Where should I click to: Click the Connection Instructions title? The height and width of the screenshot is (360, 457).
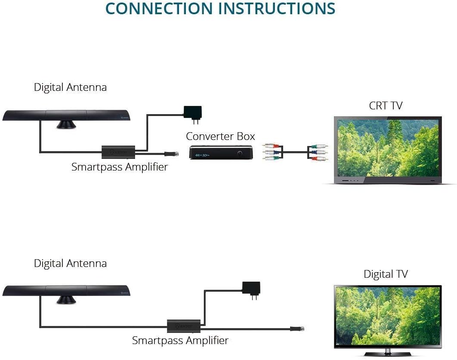220,9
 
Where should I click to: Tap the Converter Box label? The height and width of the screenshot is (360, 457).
220,137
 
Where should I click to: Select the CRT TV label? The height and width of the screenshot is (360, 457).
385,106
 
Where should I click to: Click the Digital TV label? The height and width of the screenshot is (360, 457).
385,274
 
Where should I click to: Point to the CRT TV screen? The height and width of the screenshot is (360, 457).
388,147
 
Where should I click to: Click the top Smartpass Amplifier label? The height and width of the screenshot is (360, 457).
119,167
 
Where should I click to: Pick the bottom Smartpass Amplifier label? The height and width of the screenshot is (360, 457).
180,341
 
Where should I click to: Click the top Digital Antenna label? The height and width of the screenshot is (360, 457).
70,87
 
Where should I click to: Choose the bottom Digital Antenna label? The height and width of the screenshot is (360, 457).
70,264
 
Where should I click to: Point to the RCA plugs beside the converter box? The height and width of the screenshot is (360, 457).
271,152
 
